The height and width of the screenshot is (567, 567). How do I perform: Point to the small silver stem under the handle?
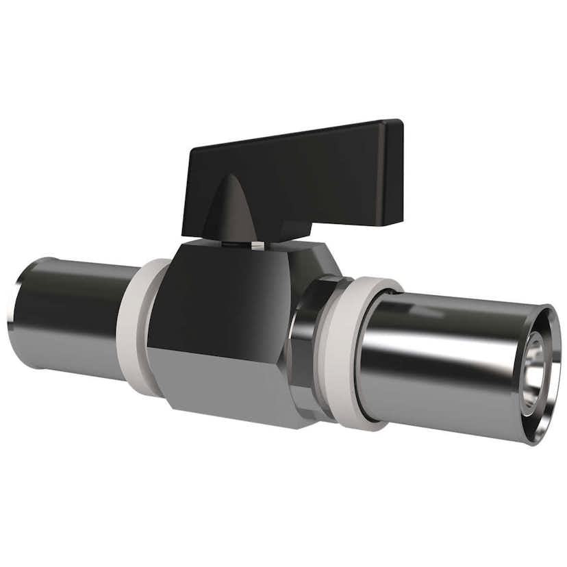[x=255, y=243]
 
